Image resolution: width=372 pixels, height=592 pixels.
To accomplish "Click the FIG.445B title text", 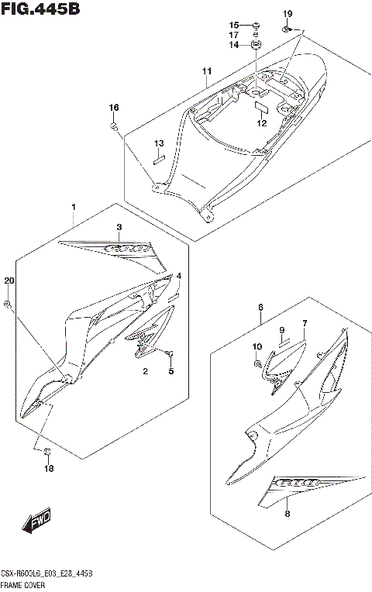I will click(40, 9).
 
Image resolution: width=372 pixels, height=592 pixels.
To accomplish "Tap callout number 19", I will click(288, 15).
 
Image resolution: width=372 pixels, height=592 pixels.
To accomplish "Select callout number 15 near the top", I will click(233, 26).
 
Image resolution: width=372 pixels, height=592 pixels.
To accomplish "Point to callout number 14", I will click(233, 45).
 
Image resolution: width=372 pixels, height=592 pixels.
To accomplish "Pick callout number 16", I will click(114, 107).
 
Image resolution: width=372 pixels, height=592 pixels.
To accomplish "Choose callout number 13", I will click(158, 143).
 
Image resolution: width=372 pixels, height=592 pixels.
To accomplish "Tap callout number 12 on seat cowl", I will click(261, 123).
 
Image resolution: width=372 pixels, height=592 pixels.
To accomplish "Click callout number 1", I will click(74, 208).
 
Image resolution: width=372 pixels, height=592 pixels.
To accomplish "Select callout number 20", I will click(9, 281).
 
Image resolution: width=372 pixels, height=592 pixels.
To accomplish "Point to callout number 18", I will click(49, 468).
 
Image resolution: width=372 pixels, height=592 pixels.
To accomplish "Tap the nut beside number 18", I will click(46, 452).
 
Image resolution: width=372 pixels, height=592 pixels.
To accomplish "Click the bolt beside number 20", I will click(8, 305).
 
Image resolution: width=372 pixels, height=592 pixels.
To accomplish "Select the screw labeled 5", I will click(168, 353).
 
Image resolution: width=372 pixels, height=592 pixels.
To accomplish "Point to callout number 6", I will click(260, 308).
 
